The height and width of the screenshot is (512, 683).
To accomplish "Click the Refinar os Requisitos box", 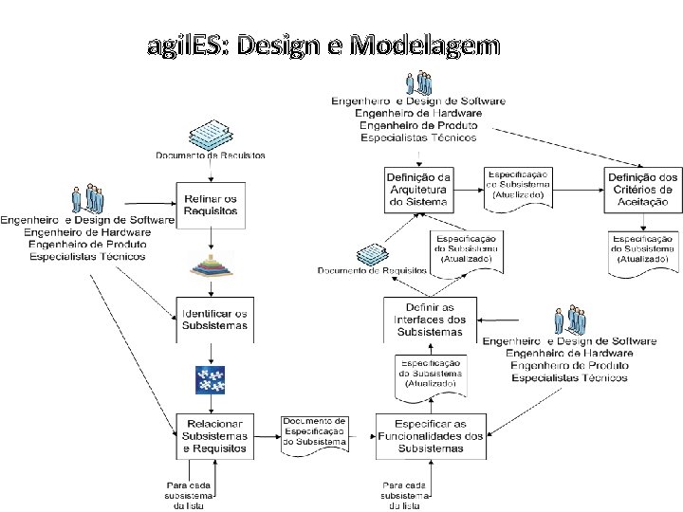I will (x=212, y=205).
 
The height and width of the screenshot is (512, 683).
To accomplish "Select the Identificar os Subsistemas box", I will (x=214, y=320).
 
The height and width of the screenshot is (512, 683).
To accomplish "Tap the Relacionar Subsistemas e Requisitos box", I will (x=214, y=435).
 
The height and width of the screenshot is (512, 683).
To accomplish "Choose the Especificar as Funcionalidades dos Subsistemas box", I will (x=431, y=435).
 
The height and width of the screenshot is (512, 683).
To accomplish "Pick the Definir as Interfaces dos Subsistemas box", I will (x=430, y=320).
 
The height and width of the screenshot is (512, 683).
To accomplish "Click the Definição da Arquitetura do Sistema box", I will (x=418, y=190).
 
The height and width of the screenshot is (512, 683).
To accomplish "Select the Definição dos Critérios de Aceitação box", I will (x=642, y=190).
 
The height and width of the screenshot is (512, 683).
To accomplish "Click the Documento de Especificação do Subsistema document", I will (x=314, y=432).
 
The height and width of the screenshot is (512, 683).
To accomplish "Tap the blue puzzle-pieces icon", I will (x=208, y=379).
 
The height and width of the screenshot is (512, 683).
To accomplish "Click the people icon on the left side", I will (x=87, y=200).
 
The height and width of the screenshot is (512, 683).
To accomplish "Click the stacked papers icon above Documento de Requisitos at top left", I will (x=208, y=134).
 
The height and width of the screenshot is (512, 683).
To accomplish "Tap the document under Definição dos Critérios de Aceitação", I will (x=642, y=248).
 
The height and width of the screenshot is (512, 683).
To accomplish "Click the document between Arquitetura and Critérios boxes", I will (x=518, y=184).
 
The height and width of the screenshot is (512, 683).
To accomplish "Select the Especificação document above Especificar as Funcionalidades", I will (x=431, y=375).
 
